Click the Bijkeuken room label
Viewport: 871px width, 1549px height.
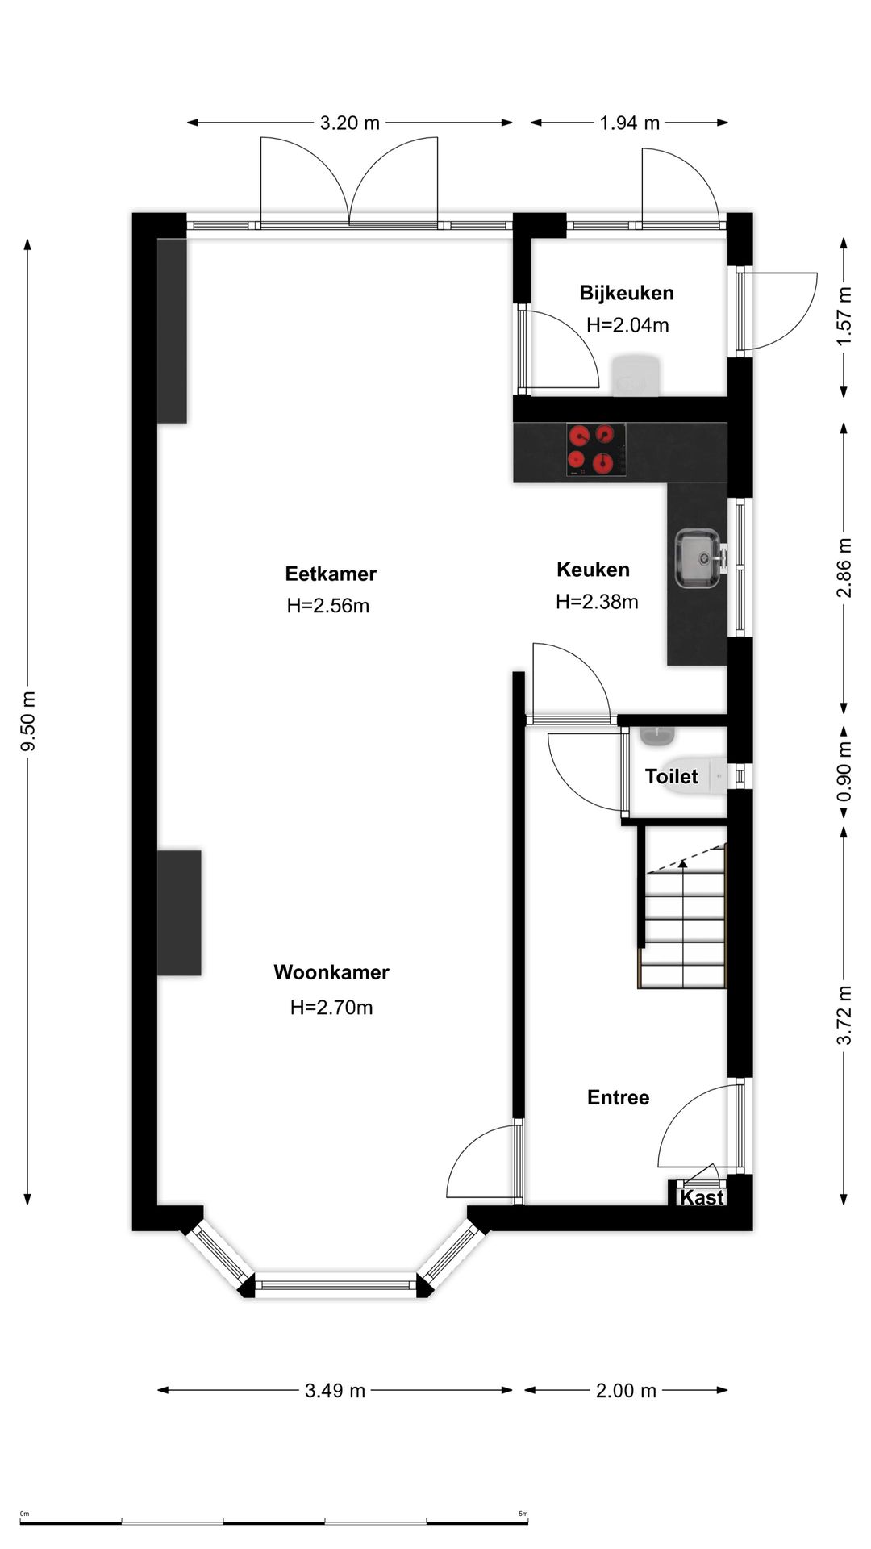click(x=627, y=293)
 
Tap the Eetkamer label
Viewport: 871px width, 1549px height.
click(x=331, y=574)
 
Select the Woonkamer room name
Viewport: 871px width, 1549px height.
click(x=331, y=972)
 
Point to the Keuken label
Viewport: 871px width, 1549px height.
click(x=593, y=570)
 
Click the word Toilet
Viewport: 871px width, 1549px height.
click(x=671, y=776)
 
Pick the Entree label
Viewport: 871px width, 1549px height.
click(x=618, y=1097)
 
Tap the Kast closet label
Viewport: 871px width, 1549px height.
click(x=702, y=1197)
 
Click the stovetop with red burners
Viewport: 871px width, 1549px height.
click(x=596, y=449)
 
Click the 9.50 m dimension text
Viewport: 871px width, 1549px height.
click(x=28, y=721)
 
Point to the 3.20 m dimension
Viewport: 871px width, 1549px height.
click(x=349, y=123)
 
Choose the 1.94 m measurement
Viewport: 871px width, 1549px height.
click(x=629, y=123)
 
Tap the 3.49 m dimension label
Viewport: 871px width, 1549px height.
click(x=335, y=1390)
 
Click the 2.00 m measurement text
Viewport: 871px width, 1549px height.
click(x=626, y=1390)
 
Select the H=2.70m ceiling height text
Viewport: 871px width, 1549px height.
click(x=331, y=1007)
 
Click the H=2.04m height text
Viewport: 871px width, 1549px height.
click(x=627, y=325)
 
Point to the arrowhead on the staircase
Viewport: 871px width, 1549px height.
click(x=683, y=864)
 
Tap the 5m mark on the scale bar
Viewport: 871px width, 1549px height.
click(x=523, y=1514)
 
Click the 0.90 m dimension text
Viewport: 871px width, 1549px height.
click(x=844, y=773)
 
